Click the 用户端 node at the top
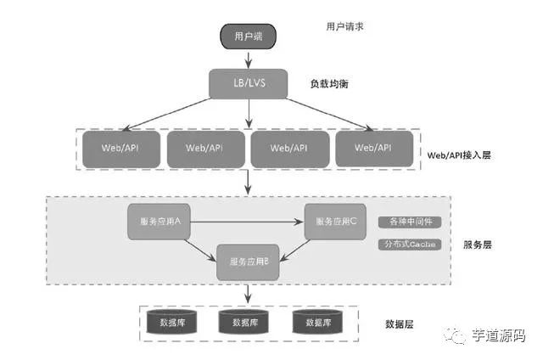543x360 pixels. click(x=249, y=36)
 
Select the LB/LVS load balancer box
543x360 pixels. click(x=248, y=84)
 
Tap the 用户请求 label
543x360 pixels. click(x=345, y=27)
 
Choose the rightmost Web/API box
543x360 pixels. click(x=374, y=149)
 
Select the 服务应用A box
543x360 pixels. click(x=159, y=221)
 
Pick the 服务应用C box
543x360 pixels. click(x=335, y=221)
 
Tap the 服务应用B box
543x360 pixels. click(x=249, y=262)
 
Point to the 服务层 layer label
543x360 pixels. click(x=478, y=245)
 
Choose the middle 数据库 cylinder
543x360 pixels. click(x=244, y=322)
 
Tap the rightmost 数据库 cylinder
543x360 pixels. click(x=316, y=322)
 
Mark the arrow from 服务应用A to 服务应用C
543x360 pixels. click(x=246, y=222)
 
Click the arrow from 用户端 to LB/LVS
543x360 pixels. click(x=248, y=59)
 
